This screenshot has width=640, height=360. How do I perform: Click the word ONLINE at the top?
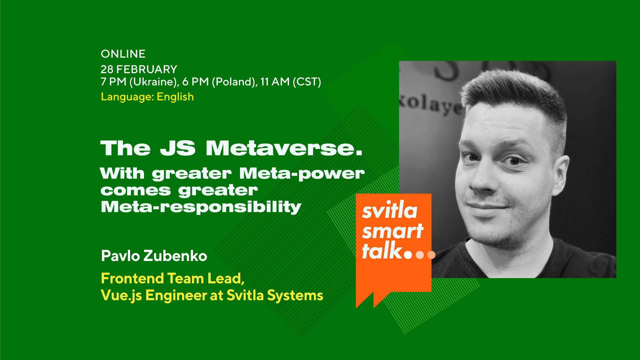tap(123, 54)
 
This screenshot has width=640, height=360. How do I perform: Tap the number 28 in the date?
tap(107, 69)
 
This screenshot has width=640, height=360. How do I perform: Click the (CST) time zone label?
tap(307, 82)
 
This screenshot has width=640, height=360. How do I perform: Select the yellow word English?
tap(175, 97)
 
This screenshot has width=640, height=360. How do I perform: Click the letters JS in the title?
tap(178, 148)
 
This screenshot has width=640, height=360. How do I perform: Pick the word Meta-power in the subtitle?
tap(302, 174)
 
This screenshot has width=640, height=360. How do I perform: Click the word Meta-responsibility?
tap(201, 207)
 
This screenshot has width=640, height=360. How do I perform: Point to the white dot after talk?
tap(408, 255)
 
